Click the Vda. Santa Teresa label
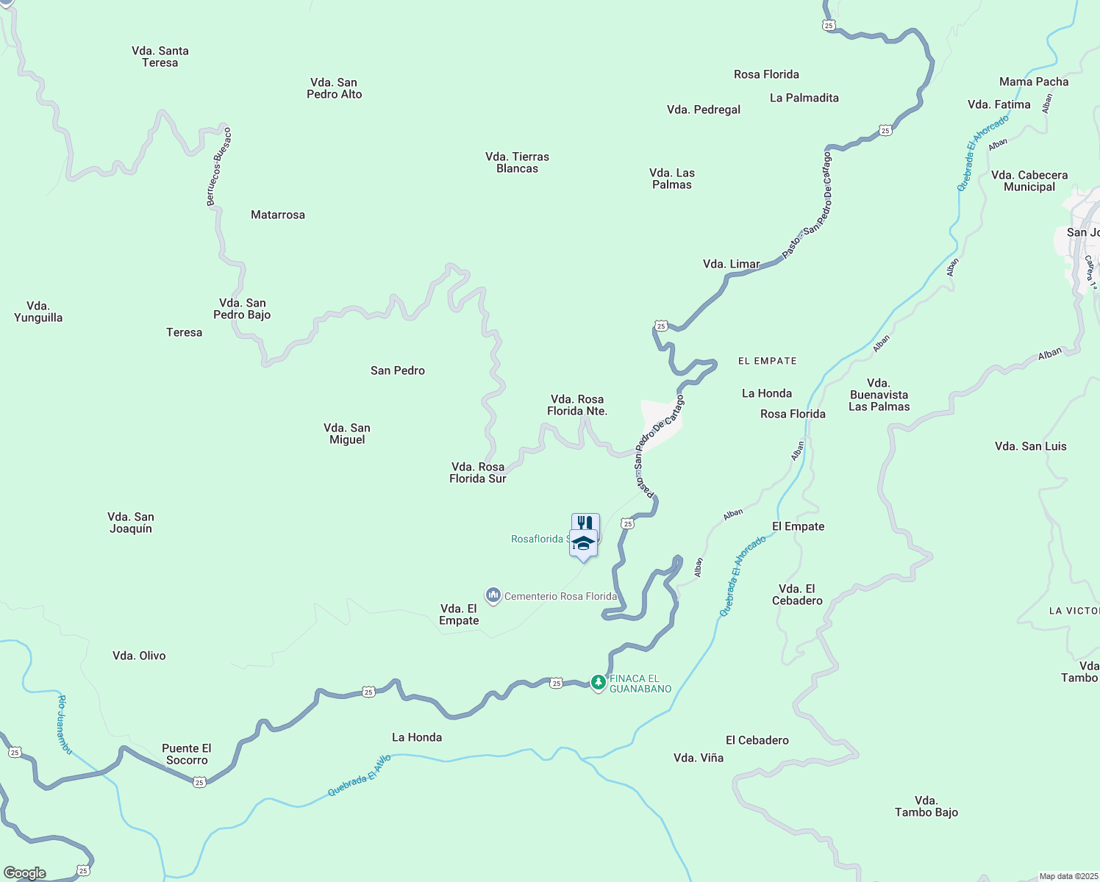(160, 57)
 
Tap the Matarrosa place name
(278, 215)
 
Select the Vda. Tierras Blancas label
(518, 162)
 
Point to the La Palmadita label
(804, 98)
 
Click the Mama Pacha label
(1034, 82)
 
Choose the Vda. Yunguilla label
(38, 312)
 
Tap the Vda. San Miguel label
(347, 434)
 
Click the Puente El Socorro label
(187, 754)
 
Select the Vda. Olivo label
(139, 656)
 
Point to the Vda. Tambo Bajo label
(926, 806)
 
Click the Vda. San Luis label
(1030, 446)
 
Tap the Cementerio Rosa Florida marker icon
(493, 595)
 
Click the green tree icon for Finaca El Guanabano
(599, 683)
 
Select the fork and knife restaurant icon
(585, 522)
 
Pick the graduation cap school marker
(583, 544)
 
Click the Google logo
(25, 873)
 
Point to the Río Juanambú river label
(65, 724)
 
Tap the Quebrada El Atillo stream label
(360, 775)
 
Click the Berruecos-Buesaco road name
(219, 167)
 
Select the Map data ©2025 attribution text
(1068, 876)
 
